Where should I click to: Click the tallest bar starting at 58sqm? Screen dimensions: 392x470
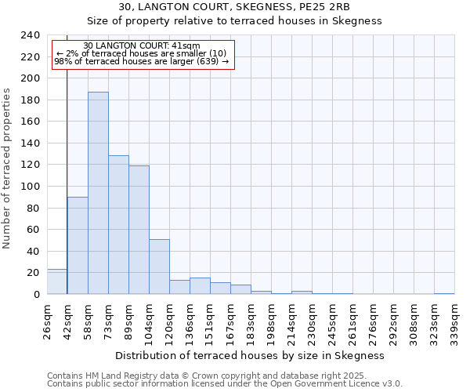click(98, 193)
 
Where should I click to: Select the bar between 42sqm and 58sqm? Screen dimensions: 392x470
click(78, 245)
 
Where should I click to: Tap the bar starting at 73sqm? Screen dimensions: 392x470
click(118, 225)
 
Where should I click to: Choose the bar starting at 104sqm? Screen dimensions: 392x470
click(159, 267)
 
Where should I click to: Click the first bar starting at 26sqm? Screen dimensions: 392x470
click(57, 281)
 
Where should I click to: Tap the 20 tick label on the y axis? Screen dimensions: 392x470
click(33, 273)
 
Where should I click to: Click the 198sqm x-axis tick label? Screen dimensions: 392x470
click(271, 321)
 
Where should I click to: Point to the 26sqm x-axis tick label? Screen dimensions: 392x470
click(47, 321)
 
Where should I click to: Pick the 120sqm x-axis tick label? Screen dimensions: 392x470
click(169, 321)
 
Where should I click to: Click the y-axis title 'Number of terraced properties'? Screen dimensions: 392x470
click(7, 168)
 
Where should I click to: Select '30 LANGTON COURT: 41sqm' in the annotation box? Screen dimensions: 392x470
click(142, 46)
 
